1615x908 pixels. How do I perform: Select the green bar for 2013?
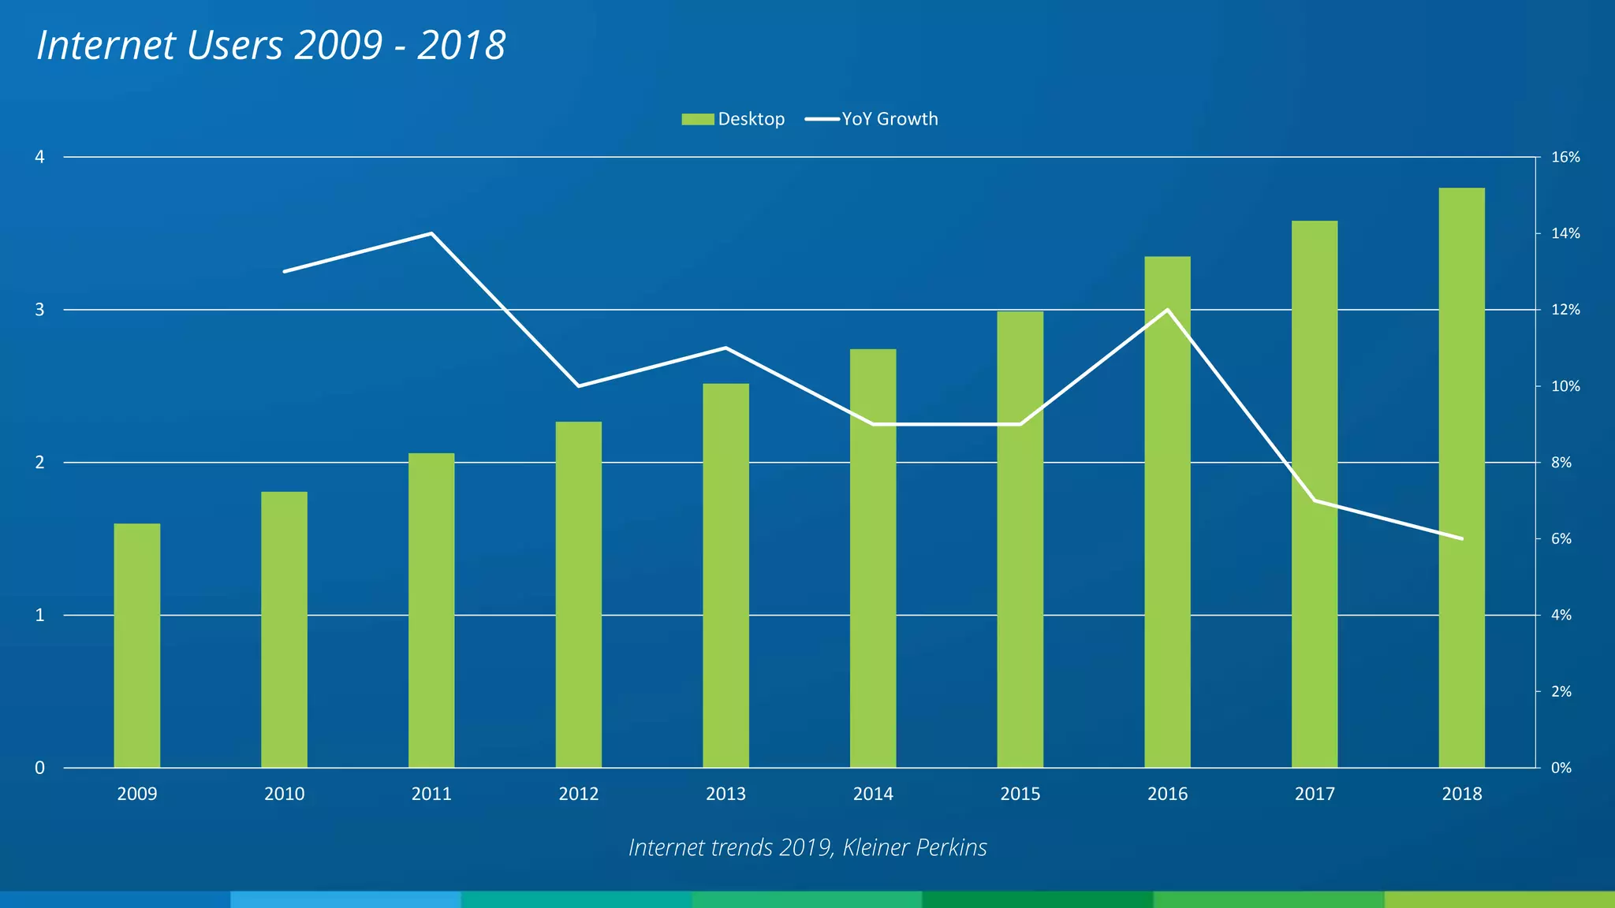(x=725, y=575)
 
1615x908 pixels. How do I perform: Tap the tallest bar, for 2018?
(x=1461, y=477)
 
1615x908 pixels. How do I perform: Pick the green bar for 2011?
(x=431, y=610)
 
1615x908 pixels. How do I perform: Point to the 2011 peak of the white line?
(x=431, y=233)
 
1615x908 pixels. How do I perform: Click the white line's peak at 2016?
(x=1167, y=310)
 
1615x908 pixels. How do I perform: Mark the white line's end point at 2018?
(x=1462, y=538)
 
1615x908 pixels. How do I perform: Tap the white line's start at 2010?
(x=285, y=271)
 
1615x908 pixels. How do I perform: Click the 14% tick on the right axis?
(x=1565, y=233)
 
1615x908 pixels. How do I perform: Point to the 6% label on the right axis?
(x=1561, y=539)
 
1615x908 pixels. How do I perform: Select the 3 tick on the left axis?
(x=39, y=310)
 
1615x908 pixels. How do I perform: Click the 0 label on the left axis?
(x=39, y=768)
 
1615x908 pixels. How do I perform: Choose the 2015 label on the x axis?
(x=1020, y=794)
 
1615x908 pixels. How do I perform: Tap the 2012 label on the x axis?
(x=578, y=794)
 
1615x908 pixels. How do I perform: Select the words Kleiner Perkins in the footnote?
(x=915, y=847)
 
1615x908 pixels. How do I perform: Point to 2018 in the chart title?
(x=461, y=46)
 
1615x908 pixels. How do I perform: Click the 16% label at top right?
(x=1565, y=157)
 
